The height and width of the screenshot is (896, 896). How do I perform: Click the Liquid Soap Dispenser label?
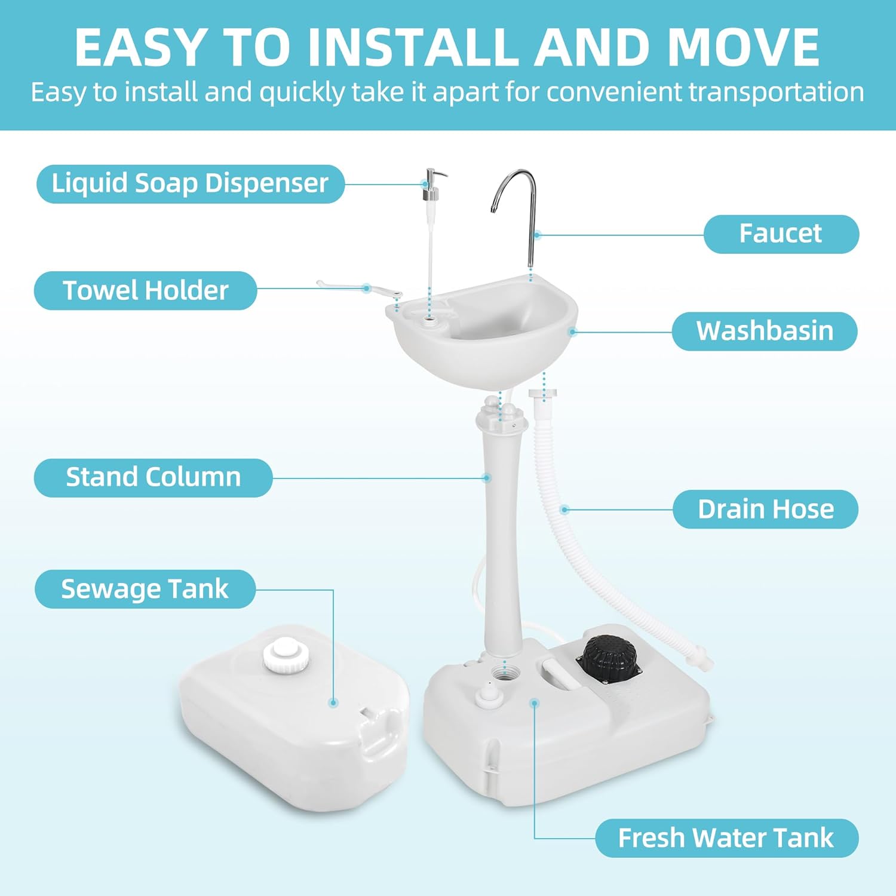point(191,183)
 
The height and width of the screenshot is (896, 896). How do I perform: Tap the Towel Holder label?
point(145,290)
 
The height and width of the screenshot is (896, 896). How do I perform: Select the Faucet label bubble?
point(781,234)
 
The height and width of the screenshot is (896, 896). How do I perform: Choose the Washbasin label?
point(765,331)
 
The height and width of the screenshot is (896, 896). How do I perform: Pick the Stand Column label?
point(153,477)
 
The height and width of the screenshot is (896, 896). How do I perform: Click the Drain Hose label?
point(765,509)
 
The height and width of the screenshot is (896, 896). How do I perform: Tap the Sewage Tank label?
point(145,589)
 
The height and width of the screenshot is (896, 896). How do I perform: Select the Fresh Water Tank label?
point(726,838)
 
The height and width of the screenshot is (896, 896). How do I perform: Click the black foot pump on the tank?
point(608,659)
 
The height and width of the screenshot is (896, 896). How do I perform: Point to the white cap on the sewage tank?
point(286,656)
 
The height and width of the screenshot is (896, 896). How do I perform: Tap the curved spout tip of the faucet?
point(493,209)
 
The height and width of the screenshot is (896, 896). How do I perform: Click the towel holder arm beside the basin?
point(358,289)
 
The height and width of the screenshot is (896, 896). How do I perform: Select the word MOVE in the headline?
point(743,48)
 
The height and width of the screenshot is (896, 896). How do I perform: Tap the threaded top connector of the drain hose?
point(542,395)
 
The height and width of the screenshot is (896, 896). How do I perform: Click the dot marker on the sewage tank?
point(333,703)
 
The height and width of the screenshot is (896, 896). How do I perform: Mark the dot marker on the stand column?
point(487,478)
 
